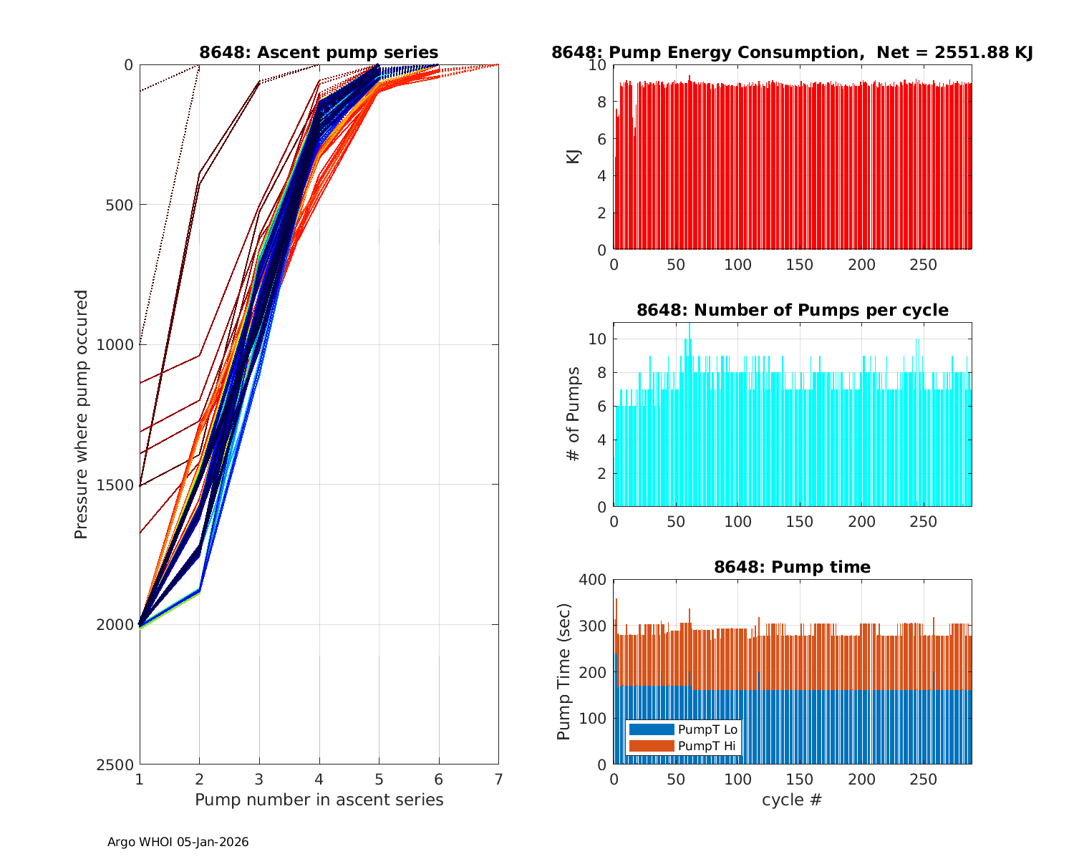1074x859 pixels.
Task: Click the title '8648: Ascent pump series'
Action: [319, 52]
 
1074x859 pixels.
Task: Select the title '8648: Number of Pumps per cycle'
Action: [792, 310]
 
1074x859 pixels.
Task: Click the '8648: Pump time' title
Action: [792, 567]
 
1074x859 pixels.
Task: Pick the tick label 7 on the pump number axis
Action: [498, 779]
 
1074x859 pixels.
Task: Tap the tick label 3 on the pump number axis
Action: [259, 779]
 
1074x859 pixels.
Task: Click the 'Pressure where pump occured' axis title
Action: [82, 414]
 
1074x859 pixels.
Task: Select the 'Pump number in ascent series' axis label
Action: [319, 800]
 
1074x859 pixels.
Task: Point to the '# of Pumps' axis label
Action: [574, 414]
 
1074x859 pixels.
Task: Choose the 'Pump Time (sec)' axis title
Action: [564, 671]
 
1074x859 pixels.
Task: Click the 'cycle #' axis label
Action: [792, 800]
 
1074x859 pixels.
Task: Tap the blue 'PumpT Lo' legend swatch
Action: [651, 729]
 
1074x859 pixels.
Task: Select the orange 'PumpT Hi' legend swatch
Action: [651, 746]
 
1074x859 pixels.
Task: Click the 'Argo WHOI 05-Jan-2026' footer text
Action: [178, 842]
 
